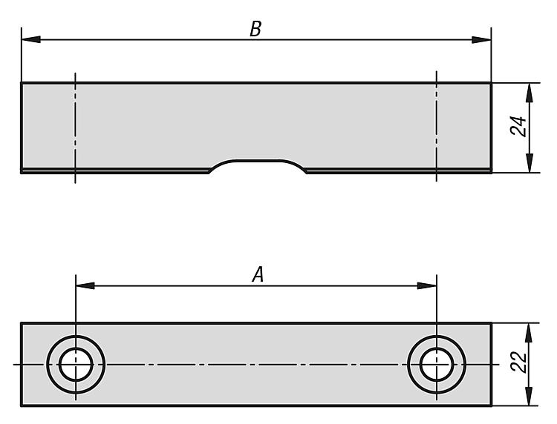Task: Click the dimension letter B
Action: pyautogui.click(x=255, y=29)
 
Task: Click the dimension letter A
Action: pyautogui.click(x=258, y=275)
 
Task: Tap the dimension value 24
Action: pyautogui.click(x=519, y=126)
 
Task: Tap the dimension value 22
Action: pyautogui.click(x=519, y=362)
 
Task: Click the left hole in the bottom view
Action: pyautogui.click(x=76, y=364)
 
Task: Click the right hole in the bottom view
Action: pyautogui.click(x=436, y=364)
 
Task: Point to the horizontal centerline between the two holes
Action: pyautogui.click(x=256, y=364)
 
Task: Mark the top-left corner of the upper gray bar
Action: pyautogui.click(x=22, y=83)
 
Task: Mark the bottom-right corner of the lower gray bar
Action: pyautogui.click(x=490, y=405)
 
